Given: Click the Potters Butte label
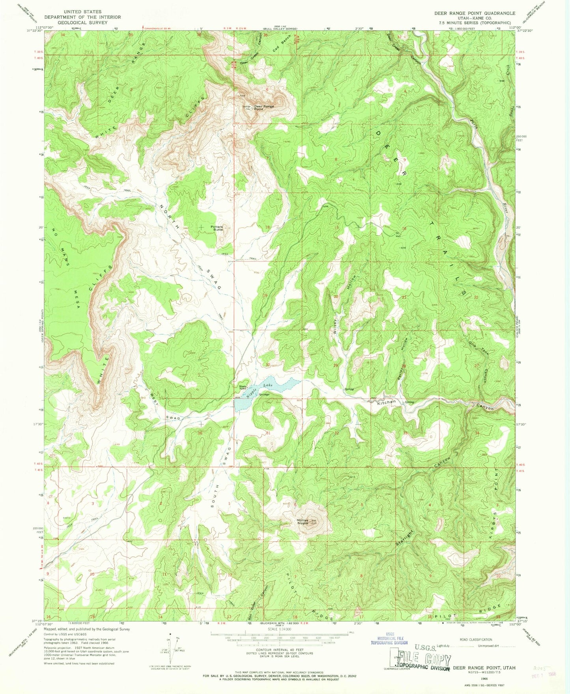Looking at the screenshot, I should [217, 228].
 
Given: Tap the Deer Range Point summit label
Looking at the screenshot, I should [264, 107].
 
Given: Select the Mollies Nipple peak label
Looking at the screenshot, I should [303, 521].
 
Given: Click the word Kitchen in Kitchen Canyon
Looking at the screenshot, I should [386, 402].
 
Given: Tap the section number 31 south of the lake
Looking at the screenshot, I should [269, 433].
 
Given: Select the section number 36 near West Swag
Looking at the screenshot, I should [200, 433].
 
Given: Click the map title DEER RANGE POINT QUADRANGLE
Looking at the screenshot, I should [475, 13].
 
